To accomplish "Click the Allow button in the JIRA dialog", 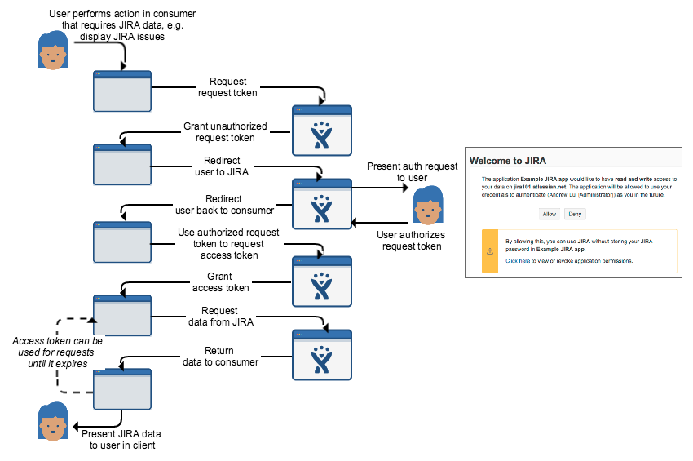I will point(549,213).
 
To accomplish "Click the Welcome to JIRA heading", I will point(516,160).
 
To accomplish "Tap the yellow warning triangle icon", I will point(490,251).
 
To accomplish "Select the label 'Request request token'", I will point(228,87).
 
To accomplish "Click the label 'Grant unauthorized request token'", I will point(219,132).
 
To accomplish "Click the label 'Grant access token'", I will point(220,282).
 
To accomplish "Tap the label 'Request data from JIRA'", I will point(220,316).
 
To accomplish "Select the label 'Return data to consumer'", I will point(220,357).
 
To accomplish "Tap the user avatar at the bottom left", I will point(53,422).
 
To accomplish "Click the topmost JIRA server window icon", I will point(321,130).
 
